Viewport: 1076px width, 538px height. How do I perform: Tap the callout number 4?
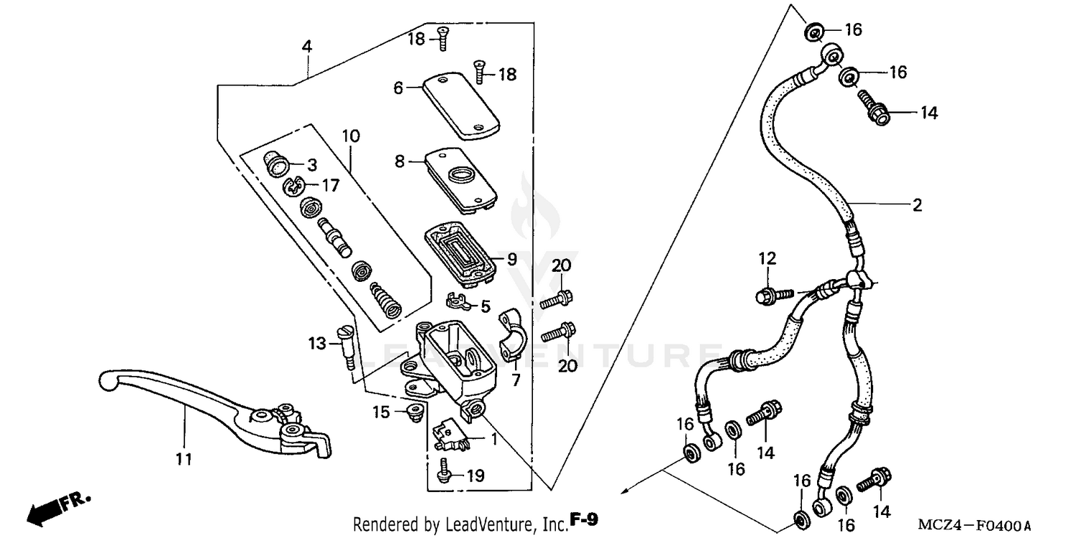[x=307, y=47]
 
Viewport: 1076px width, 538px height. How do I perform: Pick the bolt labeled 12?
[x=774, y=293]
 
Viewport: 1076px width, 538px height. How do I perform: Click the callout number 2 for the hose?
[x=916, y=205]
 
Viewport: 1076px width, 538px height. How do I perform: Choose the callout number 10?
[x=351, y=136]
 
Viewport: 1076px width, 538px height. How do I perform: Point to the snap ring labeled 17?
[x=292, y=187]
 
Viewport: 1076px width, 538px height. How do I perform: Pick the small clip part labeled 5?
[x=458, y=301]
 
